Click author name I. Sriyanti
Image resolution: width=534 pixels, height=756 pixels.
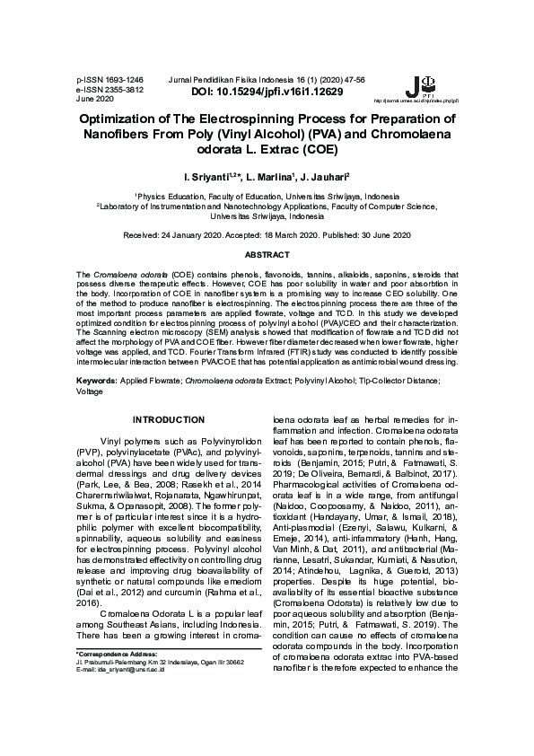click(x=202, y=179)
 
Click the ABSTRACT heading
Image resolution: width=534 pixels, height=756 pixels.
click(x=267, y=256)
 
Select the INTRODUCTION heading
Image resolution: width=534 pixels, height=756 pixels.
click(x=169, y=419)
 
